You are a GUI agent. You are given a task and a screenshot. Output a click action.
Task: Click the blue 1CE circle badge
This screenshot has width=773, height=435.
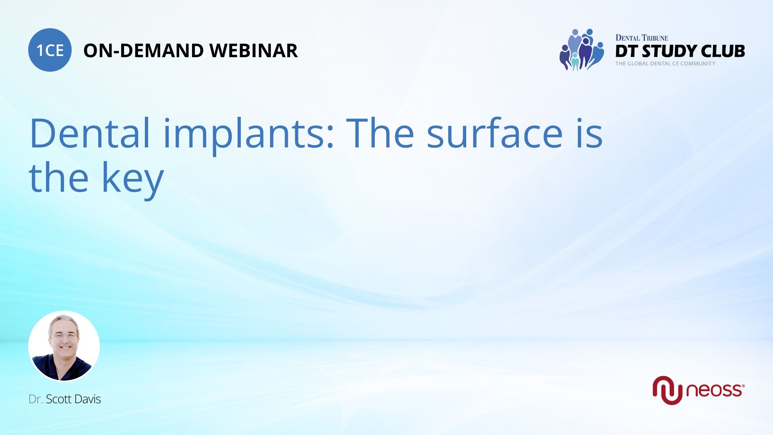[x=50, y=50]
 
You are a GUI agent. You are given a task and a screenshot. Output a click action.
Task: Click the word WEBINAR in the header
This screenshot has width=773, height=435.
[x=254, y=51]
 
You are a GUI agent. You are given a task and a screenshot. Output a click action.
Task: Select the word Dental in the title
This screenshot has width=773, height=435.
[x=90, y=133]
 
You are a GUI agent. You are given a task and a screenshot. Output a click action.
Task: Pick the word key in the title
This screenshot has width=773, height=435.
[x=132, y=179]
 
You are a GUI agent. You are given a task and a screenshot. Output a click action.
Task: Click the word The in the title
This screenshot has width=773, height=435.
[x=380, y=133]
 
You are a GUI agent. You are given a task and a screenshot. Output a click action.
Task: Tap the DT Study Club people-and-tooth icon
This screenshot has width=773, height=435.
[x=582, y=50]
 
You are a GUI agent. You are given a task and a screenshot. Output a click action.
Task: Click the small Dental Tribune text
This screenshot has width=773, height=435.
[x=642, y=38]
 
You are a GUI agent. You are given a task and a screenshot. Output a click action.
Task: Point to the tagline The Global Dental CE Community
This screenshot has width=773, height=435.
[x=665, y=64]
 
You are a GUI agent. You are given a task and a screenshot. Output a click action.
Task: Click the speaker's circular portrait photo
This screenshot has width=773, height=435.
[x=64, y=346]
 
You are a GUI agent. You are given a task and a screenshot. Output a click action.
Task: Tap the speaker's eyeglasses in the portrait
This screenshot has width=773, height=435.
[x=64, y=335]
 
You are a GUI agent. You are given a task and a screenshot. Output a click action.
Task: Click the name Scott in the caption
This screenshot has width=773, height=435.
[x=59, y=399]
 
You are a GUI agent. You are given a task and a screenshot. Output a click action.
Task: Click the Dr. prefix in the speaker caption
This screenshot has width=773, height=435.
[x=35, y=399]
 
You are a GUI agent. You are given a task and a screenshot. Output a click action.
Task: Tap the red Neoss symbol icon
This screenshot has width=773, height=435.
[x=668, y=390]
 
